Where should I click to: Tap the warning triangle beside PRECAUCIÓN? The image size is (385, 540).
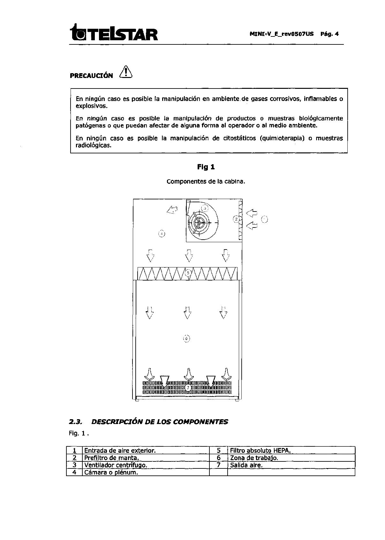[126, 72]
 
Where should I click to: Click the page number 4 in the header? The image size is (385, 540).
[336, 34]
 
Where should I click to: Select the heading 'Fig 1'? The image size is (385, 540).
[206, 167]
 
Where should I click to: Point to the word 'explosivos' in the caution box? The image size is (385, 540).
[91, 106]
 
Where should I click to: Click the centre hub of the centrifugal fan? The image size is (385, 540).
[200, 222]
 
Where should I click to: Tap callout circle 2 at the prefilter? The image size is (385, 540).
[236, 219]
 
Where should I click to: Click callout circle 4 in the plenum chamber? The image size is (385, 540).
[162, 234]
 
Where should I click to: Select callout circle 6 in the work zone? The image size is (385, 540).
[187, 338]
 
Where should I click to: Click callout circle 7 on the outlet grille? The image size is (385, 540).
[188, 388]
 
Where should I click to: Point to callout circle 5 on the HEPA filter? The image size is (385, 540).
[188, 273]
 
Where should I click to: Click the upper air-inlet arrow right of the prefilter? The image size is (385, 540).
[252, 212]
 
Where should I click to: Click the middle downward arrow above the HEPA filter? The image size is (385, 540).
[189, 255]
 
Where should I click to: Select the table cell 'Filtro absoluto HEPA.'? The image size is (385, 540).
[260, 451]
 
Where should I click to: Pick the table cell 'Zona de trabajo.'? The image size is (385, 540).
[254, 458]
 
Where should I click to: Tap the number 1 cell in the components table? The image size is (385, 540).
[74, 451]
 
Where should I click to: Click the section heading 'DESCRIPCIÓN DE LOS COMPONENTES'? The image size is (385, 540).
[160, 422]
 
